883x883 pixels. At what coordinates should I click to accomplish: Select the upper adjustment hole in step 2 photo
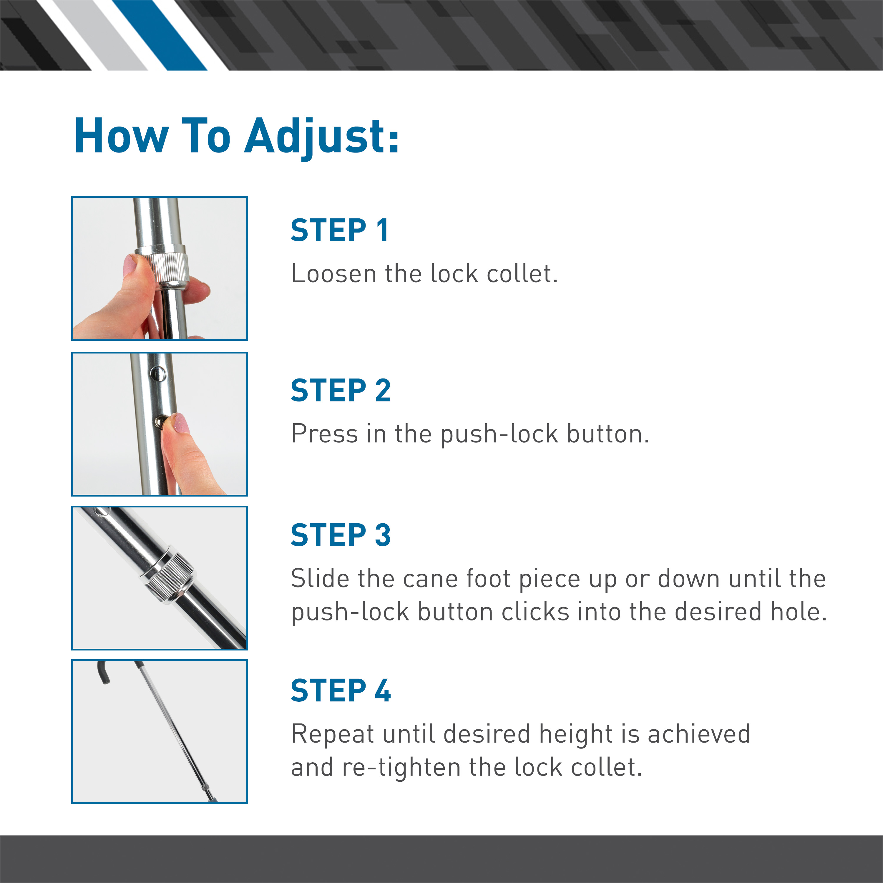pos(157,374)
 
